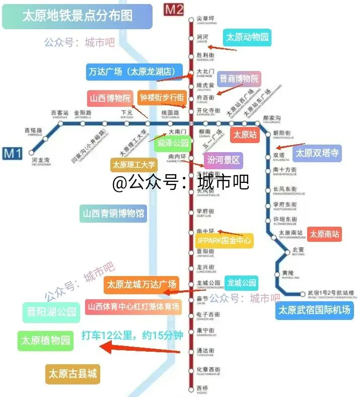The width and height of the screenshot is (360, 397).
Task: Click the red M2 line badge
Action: (x=175, y=9)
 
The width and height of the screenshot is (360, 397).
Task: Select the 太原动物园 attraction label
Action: (x=247, y=37)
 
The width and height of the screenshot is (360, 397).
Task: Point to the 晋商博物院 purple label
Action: (x=239, y=79)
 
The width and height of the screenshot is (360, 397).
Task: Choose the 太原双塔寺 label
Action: (x=317, y=153)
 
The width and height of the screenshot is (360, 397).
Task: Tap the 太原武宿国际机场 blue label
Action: (x=314, y=310)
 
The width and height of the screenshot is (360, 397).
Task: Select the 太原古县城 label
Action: (x=72, y=374)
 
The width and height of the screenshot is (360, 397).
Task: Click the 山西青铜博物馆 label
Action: (x=113, y=213)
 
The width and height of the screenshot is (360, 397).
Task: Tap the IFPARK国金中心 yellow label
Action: (x=225, y=240)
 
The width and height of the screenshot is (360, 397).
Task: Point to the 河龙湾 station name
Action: (x=41, y=161)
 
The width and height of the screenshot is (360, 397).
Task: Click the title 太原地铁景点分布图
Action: (x=77, y=16)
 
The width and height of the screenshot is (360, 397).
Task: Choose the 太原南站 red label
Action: (x=324, y=234)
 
